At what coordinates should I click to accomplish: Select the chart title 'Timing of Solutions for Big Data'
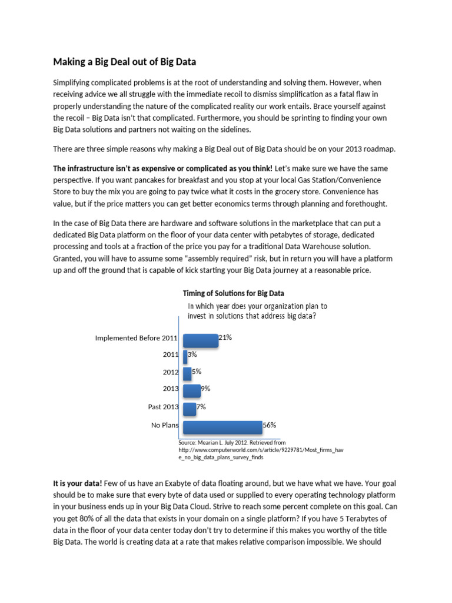(234, 293)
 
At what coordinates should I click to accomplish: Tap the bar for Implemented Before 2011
(200, 340)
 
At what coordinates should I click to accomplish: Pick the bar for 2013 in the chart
(192, 390)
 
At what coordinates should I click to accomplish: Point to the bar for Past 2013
(190, 408)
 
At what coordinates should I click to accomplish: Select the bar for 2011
(185, 356)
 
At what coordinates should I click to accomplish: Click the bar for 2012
(187, 373)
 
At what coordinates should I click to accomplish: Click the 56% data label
(270, 425)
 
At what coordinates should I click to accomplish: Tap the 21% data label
(225, 337)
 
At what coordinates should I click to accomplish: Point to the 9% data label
(205, 389)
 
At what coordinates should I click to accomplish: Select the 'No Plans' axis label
(165, 424)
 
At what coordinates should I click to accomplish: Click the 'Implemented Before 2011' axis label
(137, 338)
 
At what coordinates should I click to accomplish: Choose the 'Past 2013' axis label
(163, 407)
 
